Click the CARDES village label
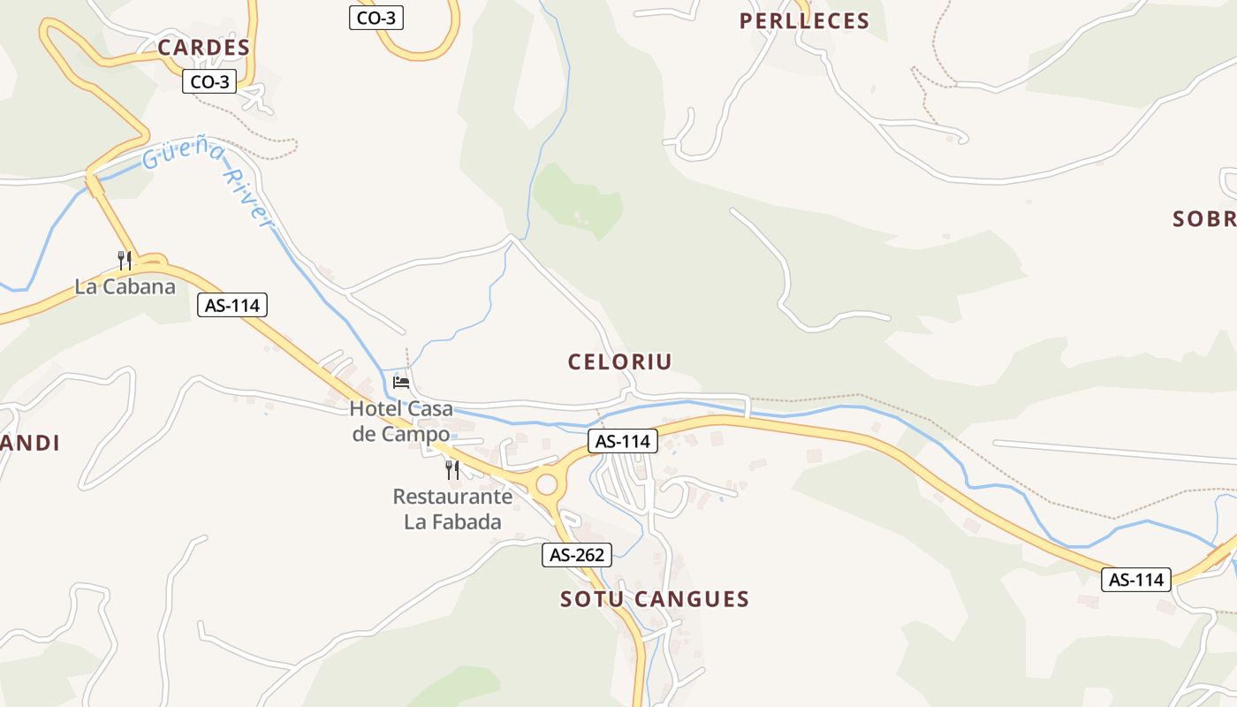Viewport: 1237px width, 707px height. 204,48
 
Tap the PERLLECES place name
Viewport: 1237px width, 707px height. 804,21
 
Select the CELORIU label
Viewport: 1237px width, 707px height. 619,361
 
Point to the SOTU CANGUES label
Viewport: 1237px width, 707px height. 655,599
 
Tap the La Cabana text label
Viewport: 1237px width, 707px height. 125,286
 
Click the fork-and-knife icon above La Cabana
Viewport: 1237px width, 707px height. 125,260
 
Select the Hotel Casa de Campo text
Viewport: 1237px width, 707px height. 401,421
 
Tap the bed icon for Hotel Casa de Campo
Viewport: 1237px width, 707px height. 401,383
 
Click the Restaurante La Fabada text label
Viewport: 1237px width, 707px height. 452,509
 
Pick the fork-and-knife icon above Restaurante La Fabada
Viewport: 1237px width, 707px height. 452,469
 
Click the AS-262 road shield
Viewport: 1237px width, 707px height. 576,555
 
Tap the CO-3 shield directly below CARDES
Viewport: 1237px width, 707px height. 209,82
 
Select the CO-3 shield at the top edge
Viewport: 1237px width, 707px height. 376,17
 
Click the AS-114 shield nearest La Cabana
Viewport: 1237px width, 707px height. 231,306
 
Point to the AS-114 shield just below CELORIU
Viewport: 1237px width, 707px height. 623,441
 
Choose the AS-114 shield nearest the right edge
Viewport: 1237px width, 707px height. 1135,580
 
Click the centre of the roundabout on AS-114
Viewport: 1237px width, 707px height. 547,483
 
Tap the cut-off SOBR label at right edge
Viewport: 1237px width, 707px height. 1203,219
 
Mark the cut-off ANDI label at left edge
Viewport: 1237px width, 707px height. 30,444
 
